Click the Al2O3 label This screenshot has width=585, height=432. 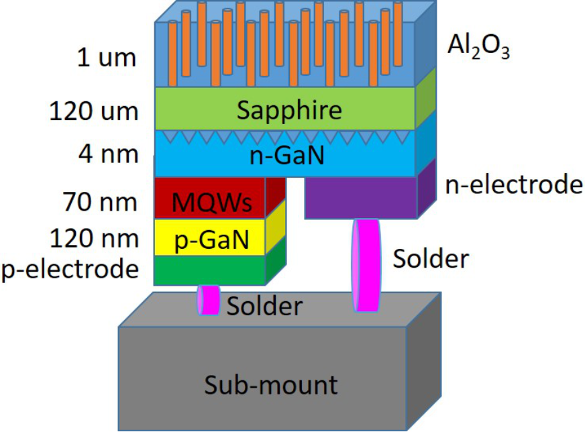tap(478, 48)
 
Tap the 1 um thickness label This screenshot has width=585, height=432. tap(107, 58)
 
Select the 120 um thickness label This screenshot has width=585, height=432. tap(94, 111)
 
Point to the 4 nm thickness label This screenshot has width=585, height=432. tap(107, 154)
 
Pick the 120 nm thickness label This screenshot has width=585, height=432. tap(94, 238)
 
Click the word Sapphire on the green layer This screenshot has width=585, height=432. tap(288, 109)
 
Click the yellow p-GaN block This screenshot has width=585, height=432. tap(211, 237)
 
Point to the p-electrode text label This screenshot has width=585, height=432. tap(70, 269)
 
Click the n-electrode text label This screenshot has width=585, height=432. tap(514, 184)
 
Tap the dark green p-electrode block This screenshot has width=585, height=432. tap(209, 270)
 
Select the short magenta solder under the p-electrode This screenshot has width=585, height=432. tap(209, 299)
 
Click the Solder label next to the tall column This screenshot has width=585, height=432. tap(431, 258)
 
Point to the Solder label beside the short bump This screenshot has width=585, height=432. tap(265, 306)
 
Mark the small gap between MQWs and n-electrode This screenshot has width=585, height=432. tap(296, 184)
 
